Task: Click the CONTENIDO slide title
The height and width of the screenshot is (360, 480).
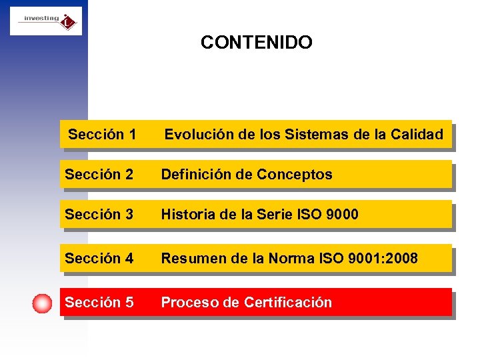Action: (x=256, y=43)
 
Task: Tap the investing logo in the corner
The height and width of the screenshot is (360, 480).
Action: (x=46, y=21)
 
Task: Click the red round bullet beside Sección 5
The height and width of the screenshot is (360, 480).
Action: (x=42, y=303)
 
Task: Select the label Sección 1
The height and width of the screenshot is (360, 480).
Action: (x=102, y=135)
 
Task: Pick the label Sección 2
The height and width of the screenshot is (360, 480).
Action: (x=99, y=175)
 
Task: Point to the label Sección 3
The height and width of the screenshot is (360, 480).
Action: (x=99, y=215)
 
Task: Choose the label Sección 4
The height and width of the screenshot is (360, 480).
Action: (x=99, y=258)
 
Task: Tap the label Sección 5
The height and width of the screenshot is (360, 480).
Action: (x=99, y=303)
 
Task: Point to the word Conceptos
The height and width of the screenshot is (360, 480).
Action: (x=294, y=175)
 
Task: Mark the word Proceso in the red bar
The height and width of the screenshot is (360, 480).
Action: (x=189, y=303)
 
